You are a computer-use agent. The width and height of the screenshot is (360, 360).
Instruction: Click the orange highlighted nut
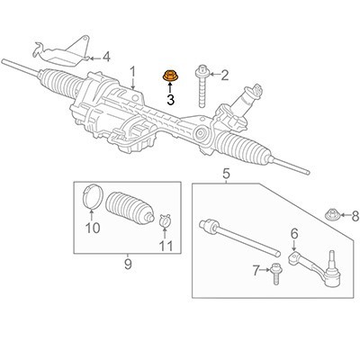[169, 76]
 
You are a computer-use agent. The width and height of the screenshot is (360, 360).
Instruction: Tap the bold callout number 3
[171, 100]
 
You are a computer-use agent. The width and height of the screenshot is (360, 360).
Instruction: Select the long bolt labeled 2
[202, 86]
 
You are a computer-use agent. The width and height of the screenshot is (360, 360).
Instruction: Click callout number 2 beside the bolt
[225, 76]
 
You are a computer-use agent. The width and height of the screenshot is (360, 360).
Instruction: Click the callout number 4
[106, 57]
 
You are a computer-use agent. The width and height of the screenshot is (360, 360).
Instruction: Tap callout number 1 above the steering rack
[132, 72]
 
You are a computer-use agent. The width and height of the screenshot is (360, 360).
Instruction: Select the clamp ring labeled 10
[93, 195]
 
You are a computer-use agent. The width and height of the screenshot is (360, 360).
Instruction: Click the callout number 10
[93, 229]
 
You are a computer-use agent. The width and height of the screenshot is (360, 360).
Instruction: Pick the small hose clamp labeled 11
[165, 221]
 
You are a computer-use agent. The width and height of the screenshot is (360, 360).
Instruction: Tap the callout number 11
[166, 246]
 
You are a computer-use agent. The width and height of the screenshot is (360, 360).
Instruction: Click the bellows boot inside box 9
[130, 208]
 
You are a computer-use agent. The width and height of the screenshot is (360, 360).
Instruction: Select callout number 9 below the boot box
[128, 265]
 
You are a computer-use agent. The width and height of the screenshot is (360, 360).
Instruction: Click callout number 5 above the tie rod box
[226, 174]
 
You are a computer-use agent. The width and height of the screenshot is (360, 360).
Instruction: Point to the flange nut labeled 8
[332, 213]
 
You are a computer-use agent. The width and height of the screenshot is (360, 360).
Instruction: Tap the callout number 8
[355, 216]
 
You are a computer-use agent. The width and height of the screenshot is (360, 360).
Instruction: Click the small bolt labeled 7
[274, 274]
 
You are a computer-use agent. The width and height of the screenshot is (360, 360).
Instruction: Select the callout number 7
[256, 271]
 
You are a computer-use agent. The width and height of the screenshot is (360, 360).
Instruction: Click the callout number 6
[294, 234]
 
